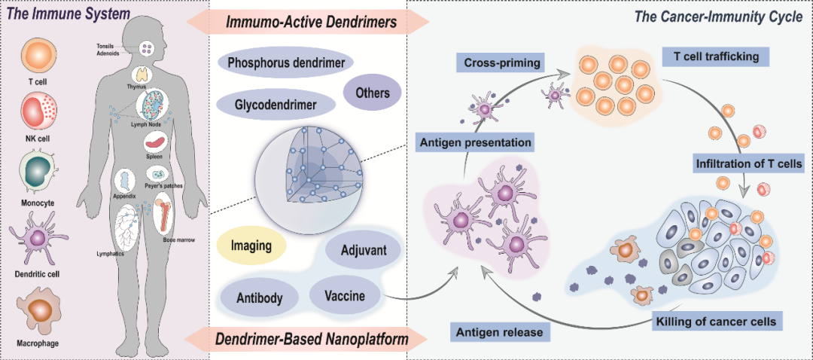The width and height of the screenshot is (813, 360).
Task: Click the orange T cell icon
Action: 35,57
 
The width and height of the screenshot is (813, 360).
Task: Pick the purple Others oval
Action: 372,93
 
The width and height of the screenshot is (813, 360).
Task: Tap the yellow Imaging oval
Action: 251,246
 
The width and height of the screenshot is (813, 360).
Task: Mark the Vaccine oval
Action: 346,296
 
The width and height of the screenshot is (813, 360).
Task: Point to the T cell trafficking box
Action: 716,57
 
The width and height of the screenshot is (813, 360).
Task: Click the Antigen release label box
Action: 500,331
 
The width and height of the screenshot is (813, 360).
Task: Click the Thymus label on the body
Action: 136,87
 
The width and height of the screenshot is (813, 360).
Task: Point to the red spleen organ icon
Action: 154,140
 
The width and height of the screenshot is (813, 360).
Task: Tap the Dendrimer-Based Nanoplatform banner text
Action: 311,340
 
